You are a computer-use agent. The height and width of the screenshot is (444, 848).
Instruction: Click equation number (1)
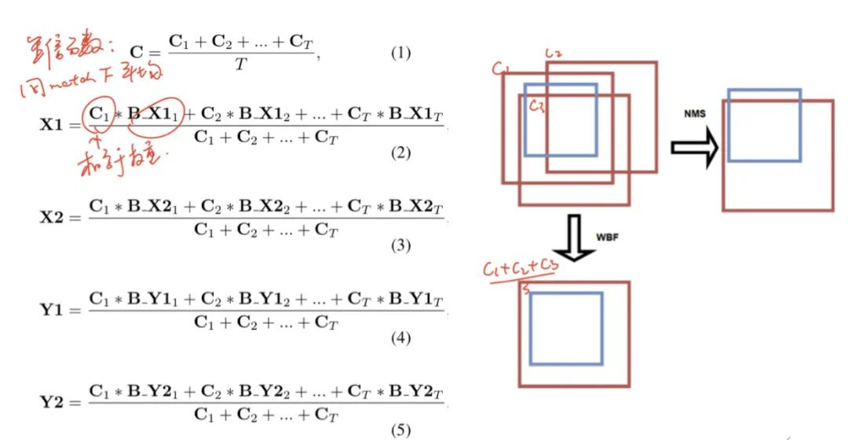400,54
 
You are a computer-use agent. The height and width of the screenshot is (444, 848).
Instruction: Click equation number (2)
400,152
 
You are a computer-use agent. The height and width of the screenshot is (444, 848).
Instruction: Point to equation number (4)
400,339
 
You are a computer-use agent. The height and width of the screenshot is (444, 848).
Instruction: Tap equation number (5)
400,431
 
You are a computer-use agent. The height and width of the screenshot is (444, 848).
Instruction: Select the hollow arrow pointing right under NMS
695,147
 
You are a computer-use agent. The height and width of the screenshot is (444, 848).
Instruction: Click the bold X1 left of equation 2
53,125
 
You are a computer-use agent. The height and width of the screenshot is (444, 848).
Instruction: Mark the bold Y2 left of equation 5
53,402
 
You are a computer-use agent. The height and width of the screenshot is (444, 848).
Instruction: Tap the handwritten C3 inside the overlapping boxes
537,105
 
